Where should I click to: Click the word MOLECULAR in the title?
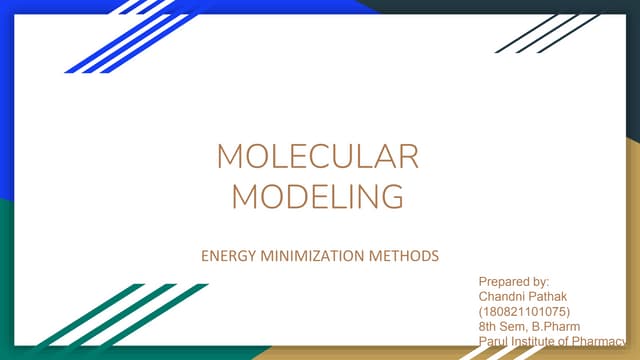(318, 158)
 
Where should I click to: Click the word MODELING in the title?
(318, 195)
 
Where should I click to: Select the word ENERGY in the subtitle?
(228, 257)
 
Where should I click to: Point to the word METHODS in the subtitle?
(401, 257)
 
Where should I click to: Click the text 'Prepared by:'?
(514, 285)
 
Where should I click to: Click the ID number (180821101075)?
(525, 312)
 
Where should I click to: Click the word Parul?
(496, 340)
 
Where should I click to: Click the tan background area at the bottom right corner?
(625, 250)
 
